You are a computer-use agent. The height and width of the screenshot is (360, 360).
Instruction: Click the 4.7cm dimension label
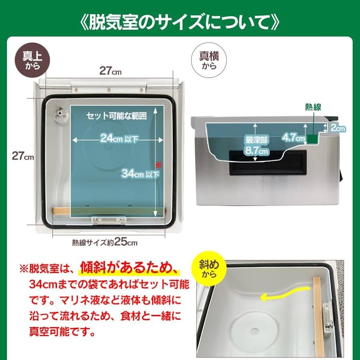294,137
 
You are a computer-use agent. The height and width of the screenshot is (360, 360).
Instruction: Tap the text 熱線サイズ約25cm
105,242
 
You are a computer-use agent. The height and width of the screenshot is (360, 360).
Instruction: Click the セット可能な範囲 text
116,116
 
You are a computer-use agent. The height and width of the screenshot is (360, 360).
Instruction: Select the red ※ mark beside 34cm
158,164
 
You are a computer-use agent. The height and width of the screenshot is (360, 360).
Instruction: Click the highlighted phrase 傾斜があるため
129,267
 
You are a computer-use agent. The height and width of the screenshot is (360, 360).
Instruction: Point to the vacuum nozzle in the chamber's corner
60,114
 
